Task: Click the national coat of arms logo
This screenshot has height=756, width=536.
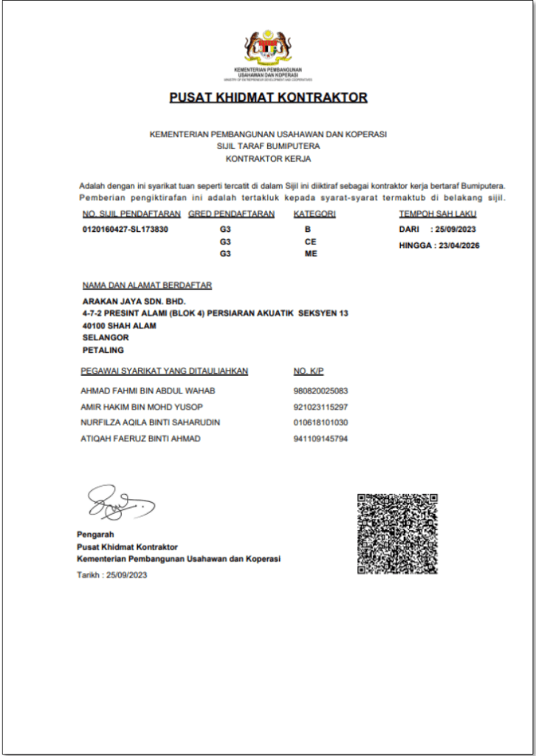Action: (x=268, y=48)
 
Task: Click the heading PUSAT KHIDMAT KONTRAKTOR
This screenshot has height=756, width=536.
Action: (x=268, y=97)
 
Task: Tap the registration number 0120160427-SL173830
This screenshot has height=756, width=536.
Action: (x=126, y=230)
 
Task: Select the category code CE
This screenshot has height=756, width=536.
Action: (x=310, y=241)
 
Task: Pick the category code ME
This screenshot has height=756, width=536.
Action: (x=310, y=254)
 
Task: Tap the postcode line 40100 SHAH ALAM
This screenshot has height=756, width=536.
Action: (x=119, y=326)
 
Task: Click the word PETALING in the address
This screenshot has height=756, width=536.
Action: (x=103, y=350)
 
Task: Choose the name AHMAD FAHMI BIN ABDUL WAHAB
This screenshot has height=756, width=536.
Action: (x=148, y=391)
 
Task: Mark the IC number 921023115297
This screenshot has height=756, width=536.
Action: (x=320, y=407)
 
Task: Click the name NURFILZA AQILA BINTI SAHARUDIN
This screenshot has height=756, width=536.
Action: (x=150, y=423)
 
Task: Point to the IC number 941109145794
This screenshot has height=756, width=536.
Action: (x=320, y=439)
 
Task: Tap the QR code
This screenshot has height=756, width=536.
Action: (x=397, y=533)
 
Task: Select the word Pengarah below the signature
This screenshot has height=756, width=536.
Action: (x=96, y=534)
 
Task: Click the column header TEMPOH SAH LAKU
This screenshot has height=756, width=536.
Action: (x=438, y=214)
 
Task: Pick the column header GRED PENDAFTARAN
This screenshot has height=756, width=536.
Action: (x=232, y=214)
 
